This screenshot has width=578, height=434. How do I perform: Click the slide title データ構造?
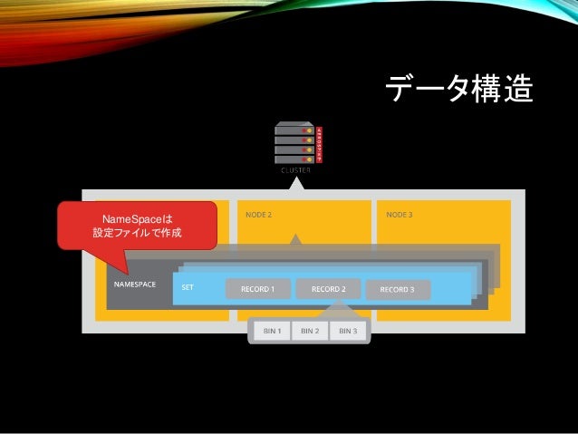pyautogui.click(x=458, y=90)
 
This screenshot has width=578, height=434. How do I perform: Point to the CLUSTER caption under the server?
pyautogui.click(x=294, y=169)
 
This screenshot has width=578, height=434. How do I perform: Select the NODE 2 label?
pyautogui.click(x=258, y=215)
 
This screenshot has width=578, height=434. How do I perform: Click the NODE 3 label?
pyautogui.click(x=399, y=215)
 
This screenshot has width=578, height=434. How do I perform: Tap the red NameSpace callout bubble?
pyautogui.click(x=137, y=226)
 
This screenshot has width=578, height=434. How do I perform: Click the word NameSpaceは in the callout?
pyautogui.click(x=137, y=219)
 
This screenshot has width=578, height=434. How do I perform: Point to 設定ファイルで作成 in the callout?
pyautogui.click(x=137, y=234)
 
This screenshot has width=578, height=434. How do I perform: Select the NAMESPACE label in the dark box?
pyautogui.click(x=135, y=285)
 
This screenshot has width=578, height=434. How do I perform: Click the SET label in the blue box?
pyautogui.click(x=188, y=287)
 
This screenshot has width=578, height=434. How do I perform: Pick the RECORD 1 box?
pyautogui.click(x=257, y=289)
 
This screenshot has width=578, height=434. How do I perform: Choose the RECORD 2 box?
pyautogui.click(x=328, y=289)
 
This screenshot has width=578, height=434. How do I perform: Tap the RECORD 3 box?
pyautogui.click(x=397, y=290)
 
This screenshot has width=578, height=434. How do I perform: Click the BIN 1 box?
pyautogui.click(x=272, y=332)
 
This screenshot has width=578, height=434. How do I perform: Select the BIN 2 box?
pyautogui.click(x=310, y=332)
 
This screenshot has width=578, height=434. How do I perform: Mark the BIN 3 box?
pyautogui.click(x=348, y=332)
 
